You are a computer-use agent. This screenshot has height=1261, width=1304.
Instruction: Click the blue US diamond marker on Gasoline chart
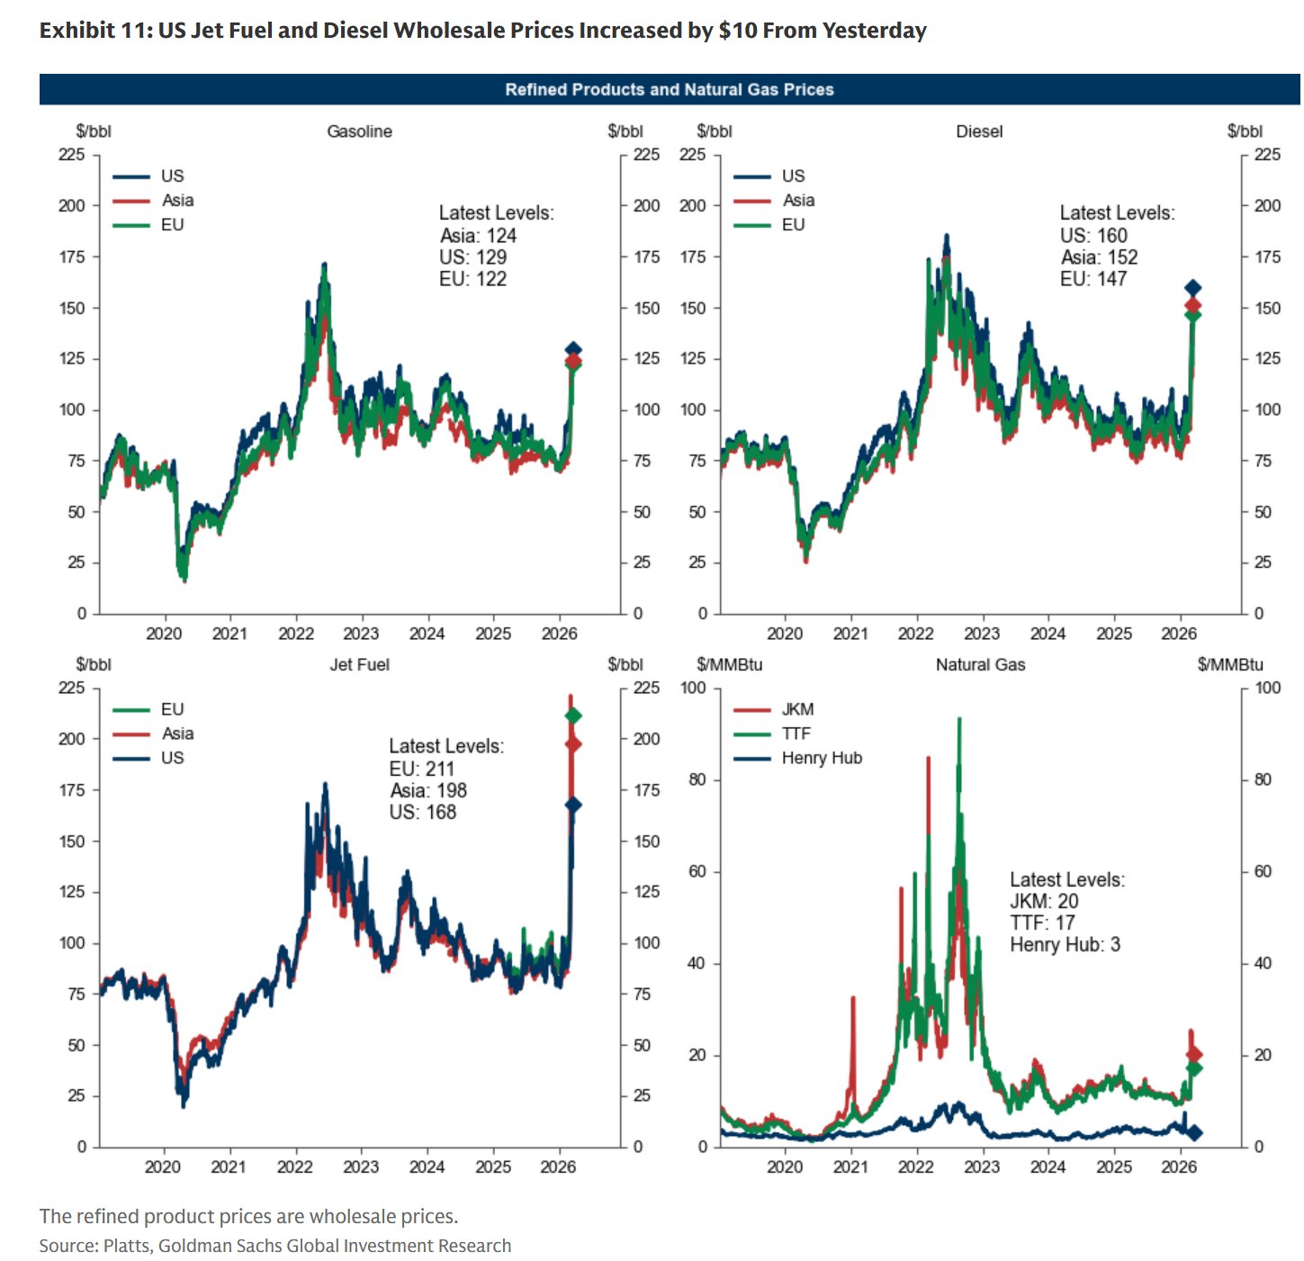point(572,349)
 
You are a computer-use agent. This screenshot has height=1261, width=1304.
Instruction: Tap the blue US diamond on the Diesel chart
point(1192,288)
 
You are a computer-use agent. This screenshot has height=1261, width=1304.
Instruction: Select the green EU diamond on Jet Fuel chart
point(572,716)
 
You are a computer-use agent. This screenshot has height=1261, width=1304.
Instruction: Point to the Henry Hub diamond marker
point(1194,1132)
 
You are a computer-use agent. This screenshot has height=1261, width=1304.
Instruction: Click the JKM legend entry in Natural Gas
point(797,709)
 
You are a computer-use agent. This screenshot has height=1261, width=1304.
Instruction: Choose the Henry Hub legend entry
point(821,758)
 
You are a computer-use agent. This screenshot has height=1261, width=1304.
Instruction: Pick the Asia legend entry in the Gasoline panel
point(177,200)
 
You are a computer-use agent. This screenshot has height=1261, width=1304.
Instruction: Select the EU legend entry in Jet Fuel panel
point(172,709)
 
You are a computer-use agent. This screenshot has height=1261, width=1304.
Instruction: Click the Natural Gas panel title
point(980,664)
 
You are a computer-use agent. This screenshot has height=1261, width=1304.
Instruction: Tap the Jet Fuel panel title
point(359,664)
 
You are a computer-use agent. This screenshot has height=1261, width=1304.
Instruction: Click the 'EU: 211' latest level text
point(422,769)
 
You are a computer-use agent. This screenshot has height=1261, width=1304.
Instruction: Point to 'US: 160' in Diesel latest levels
point(1093,236)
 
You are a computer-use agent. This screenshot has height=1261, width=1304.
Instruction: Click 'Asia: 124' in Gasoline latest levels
point(478,236)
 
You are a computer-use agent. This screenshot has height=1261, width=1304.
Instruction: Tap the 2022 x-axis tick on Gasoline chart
point(295,634)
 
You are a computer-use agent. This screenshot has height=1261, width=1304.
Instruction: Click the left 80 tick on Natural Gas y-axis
point(697,779)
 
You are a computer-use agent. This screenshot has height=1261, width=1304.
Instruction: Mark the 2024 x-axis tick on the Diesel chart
point(1048,634)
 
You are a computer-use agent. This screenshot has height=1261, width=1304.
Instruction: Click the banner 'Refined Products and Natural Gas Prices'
point(669,89)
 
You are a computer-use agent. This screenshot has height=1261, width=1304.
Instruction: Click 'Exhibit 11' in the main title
point(94,31)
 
